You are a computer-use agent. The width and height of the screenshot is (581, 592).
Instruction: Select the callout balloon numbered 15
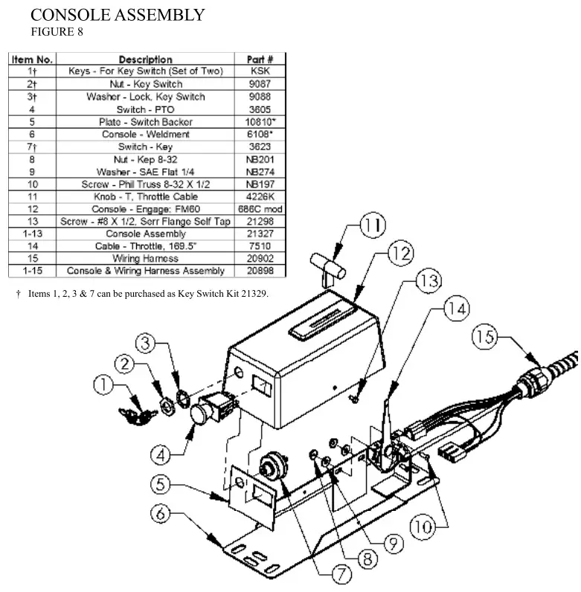(484, 338)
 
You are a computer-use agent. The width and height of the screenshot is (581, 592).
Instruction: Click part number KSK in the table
(260, 71)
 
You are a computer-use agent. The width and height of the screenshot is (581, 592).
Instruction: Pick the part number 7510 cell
(260, 246)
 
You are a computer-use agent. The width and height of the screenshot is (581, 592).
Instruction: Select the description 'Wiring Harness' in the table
(145, 259)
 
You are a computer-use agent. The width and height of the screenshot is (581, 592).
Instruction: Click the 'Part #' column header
(260, 59)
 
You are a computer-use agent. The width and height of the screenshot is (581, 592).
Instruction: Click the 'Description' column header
(145, 59)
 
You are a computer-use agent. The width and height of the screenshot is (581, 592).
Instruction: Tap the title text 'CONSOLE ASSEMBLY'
(118, 14)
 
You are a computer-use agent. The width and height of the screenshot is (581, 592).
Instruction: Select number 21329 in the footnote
(252, 295)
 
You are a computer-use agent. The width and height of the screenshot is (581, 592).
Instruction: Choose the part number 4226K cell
(260, 196)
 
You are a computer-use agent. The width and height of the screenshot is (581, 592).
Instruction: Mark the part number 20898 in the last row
(260, 271)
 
